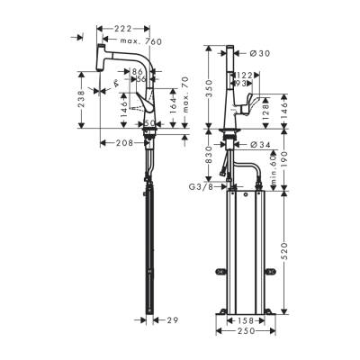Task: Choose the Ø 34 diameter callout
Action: click(259, 144)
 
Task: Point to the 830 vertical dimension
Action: click(208, 156)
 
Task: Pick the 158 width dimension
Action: click(245, 319)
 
